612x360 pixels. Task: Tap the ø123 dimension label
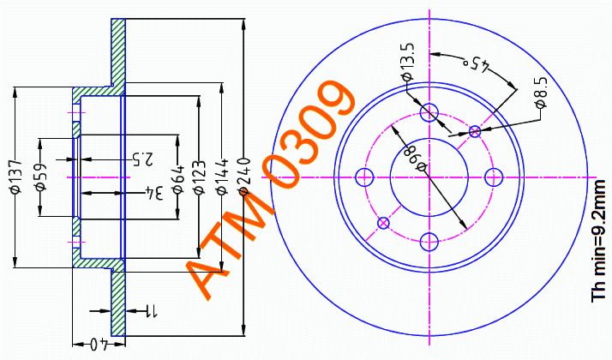[x=199, y=177]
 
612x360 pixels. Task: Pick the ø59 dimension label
[x=39, y=181]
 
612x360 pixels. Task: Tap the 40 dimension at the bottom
[x=100, y=345]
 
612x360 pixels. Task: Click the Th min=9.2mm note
[x=599, y=241]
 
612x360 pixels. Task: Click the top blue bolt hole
[x=430, y=112]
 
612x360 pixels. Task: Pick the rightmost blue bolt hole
[x=493, y=177]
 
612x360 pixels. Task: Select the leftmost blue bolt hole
[x=366, y=177]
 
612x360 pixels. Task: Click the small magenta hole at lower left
[x=384, y=223]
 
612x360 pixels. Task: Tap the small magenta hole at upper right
[x=476, y=131]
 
